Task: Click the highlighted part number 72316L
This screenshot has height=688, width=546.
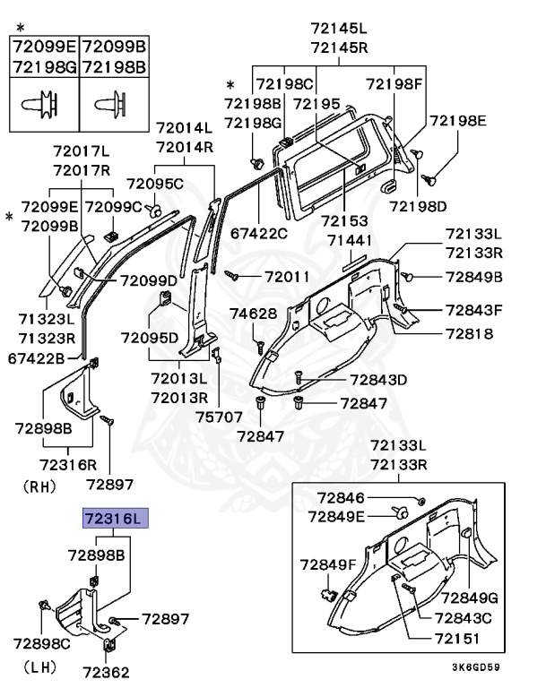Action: (x=113, y=519)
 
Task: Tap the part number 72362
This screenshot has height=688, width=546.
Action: (x=108, y=671)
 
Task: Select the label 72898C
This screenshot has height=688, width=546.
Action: (x=42, y=643)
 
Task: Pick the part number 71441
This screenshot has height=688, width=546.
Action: (x=355, y=241)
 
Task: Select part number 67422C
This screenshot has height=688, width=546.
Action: (x=259, y=234)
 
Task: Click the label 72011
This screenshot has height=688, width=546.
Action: (x=287, y=278)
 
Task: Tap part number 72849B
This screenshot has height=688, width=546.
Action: (x=474, y=276)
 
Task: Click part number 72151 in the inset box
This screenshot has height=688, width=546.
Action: (x=457, y=639)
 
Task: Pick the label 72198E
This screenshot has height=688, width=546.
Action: (x=457, y=120)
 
